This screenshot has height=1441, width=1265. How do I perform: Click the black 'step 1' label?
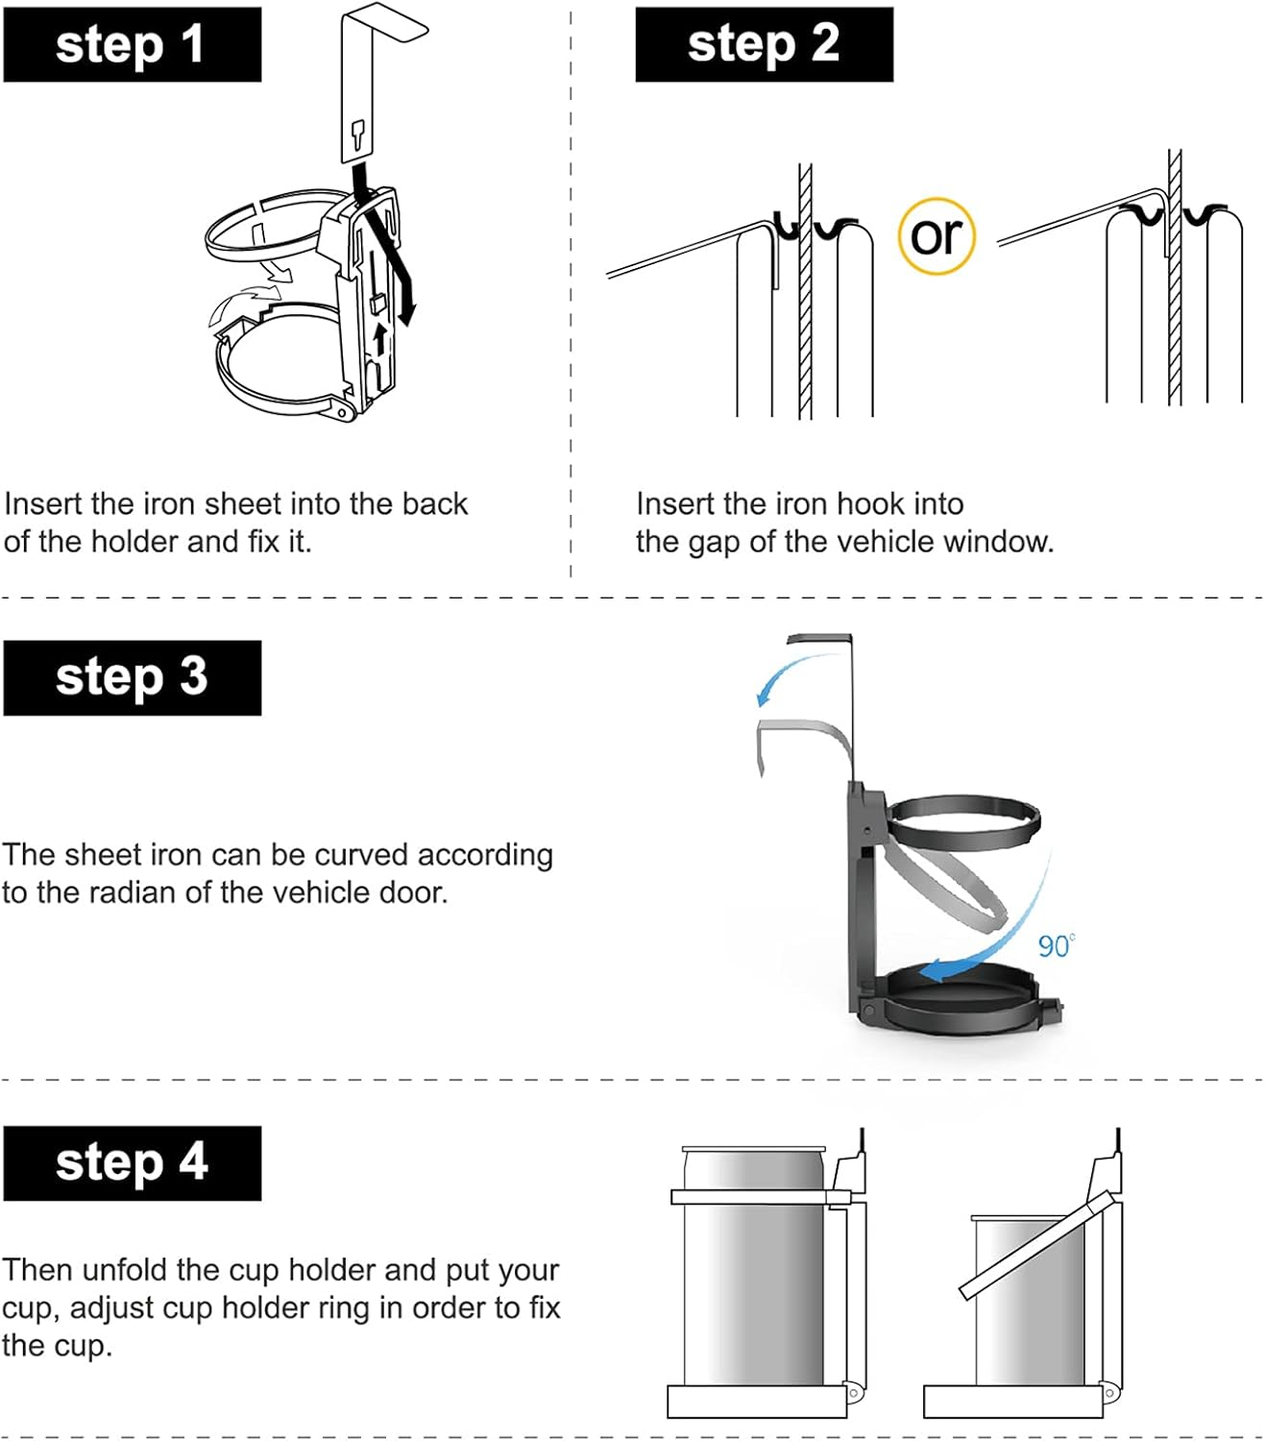[133, 44]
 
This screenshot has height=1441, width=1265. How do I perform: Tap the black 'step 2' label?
[765, 44]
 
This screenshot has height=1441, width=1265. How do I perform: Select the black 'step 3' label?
[133, 678]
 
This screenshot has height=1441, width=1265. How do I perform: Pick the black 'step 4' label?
[133, 1163]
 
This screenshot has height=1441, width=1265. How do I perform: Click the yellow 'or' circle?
[937, 236]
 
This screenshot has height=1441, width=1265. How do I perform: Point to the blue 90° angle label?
[1057, 946]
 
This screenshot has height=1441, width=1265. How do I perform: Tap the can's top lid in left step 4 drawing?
[754, 1149]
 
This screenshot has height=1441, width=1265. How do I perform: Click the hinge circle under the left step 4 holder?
[853, 1393]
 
